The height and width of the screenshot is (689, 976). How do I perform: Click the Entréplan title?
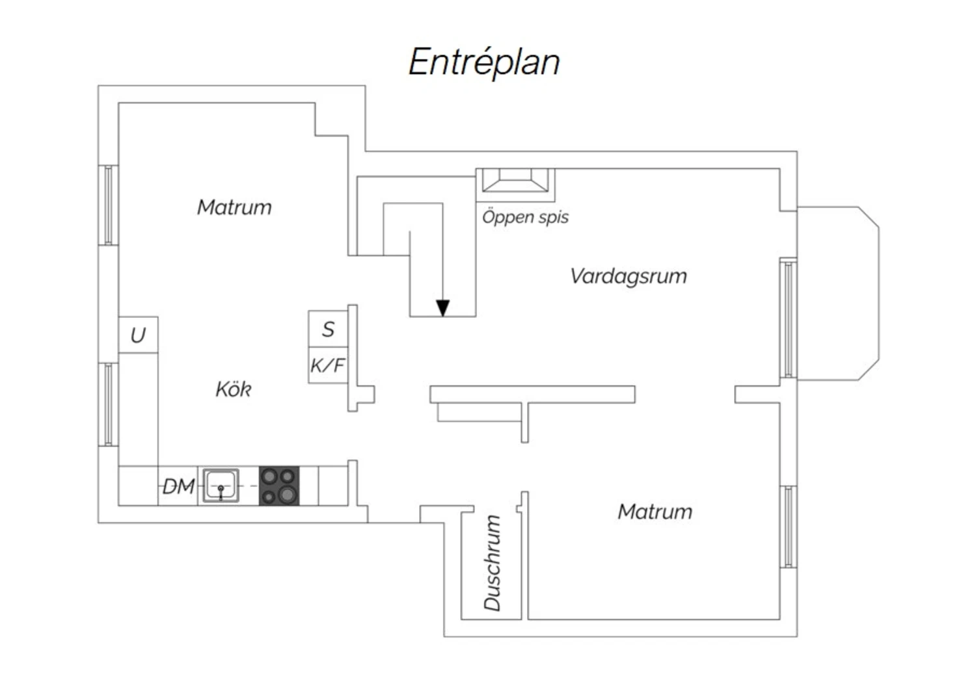(484, 62)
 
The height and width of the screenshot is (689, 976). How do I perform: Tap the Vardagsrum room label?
(629, 276)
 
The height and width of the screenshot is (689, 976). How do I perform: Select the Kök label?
(234, 389)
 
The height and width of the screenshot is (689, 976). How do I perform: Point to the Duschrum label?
(493, 563)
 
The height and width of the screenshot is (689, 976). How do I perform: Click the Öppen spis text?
(526, 216)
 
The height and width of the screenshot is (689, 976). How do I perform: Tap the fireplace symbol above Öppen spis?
(515, 180)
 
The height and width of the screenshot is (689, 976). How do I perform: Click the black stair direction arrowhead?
(442, 308)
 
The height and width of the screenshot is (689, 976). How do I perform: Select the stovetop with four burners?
(279, 486)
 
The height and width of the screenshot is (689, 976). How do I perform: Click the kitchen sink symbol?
(221, 486)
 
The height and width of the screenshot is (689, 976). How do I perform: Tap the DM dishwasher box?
(178, 486)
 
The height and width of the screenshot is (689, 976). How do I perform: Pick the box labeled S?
(328, 329)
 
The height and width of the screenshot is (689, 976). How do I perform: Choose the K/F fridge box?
(328, 365)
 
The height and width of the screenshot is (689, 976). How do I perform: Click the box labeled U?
(138, 335)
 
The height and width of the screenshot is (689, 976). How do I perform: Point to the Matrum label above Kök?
(234, 207)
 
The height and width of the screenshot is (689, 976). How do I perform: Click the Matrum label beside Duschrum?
(655, 512)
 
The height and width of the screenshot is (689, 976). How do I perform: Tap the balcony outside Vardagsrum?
(838, 293)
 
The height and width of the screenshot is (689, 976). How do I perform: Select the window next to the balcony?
(788, 318)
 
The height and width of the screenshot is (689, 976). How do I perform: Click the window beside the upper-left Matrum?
(108, 205)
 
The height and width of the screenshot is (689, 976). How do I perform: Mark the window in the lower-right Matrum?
(788, 527)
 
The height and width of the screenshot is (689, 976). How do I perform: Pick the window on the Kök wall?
(108, 405)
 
